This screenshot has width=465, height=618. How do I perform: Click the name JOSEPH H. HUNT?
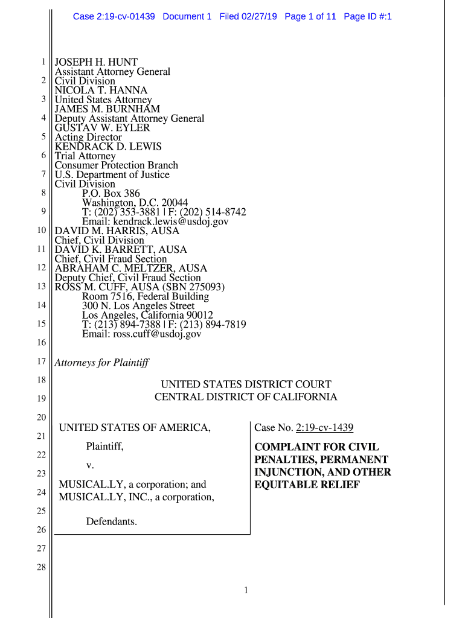coord(96,62)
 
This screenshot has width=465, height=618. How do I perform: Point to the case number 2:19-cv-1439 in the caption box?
coord(324,428)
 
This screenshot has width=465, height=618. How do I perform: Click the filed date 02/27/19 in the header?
coord(258,17)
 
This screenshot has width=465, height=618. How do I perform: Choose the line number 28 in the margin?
coord(41,567)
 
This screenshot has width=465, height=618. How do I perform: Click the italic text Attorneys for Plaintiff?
coord(101,363)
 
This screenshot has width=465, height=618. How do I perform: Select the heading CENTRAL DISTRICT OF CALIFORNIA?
coord(246,397)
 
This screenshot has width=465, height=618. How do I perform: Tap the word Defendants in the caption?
coord(111,521)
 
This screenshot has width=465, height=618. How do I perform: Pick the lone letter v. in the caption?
coord(90,465)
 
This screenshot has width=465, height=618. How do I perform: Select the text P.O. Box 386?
coord(111,194)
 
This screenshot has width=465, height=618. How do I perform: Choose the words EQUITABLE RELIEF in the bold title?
coord(307,485)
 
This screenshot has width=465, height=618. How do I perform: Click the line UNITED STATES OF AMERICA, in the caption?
coord(135,428)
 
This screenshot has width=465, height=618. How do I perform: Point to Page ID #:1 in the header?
coord(368,17)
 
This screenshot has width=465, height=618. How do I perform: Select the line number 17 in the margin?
coord(41,362)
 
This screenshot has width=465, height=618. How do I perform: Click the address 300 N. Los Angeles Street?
coord(138,306)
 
